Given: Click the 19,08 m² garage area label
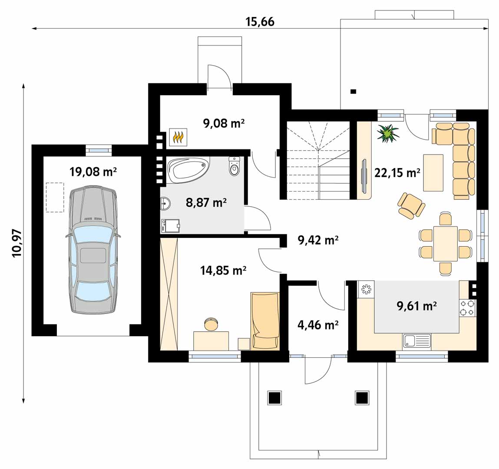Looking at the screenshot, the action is pyautogui.click(x=93, y=172).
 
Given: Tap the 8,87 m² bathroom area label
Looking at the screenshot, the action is pyautogui.click(x=206, y=202).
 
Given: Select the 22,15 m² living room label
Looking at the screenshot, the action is pyautogui.click(x=397, y=173).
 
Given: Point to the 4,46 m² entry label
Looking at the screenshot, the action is pyautogui.click(x=317, y=325).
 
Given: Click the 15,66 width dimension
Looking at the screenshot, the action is pyautogui.click(x=260, y=22).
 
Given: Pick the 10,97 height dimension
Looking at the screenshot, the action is pyautogui.click(x=17, y=243).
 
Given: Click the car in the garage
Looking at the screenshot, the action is pyautogui.click(x=93, y=250).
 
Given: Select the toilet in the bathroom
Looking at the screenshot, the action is pyautogui.click(x=234, y=166).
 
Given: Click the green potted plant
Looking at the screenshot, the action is pyautogui.click(x=388, y=133).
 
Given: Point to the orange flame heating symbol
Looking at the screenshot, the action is pyautogui.click(x=178, y=137).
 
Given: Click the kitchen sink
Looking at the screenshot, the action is pyautogui.click(x=416, y=341).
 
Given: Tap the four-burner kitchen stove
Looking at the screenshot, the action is pyautogui.click(x=467, y=308).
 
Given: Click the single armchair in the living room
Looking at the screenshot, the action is pyautogui.click(x=411, y=206).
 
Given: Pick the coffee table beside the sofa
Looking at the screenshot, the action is pyautogui.click(x=433, y=173).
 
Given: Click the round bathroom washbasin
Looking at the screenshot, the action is pyautogui.click(x=165, y=204).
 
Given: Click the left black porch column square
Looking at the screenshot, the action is pyautogui.click(x=274, y=398).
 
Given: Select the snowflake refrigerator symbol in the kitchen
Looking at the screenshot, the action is pyautogui.click(x=366, y=289).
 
